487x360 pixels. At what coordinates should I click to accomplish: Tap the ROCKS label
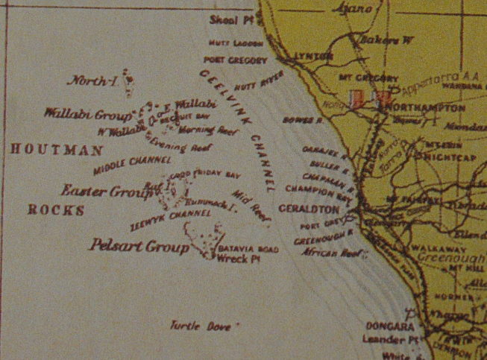pyautogui.click(x=56, y=209)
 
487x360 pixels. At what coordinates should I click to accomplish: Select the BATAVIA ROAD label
pyautogui.click(x=249, y=250)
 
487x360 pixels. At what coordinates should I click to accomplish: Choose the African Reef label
pyautogui.click(x=326, y=253)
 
